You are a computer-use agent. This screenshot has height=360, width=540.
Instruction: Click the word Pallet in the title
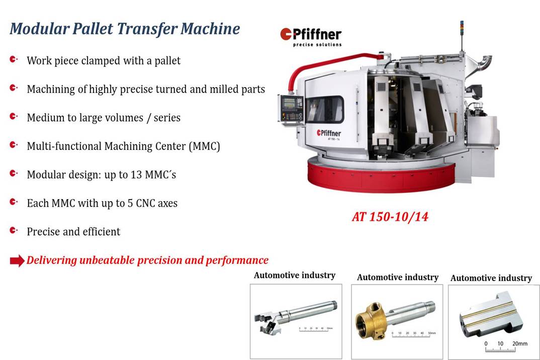pos(93,29)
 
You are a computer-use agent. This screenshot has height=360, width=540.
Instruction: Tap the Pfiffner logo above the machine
pos(311,37)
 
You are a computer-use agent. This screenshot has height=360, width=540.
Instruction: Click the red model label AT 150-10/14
pos(390,217)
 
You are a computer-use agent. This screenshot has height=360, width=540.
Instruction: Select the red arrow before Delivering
pos(17,261)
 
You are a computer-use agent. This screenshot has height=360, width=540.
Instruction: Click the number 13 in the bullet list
pos(136,174)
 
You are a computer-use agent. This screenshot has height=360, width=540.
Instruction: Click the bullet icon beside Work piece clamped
pos(14,60)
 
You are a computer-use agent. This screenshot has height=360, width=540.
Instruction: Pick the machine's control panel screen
pos(289,103)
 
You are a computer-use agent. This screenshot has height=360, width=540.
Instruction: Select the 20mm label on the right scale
pos(520,343)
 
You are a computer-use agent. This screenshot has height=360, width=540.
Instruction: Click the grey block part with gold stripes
pos(491,315)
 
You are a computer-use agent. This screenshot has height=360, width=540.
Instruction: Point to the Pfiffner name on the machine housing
pos(329,133)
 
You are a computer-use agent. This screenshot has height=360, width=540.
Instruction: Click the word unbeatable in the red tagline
pos(107,260)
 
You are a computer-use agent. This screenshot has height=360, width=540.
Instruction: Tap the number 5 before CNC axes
pos(130,203)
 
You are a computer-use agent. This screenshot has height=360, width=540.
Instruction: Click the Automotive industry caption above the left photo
pos(295,275)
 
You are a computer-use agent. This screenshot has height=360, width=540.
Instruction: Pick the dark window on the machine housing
pos(325,110)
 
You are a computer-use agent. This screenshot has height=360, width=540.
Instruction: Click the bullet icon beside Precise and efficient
pos(14,230)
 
